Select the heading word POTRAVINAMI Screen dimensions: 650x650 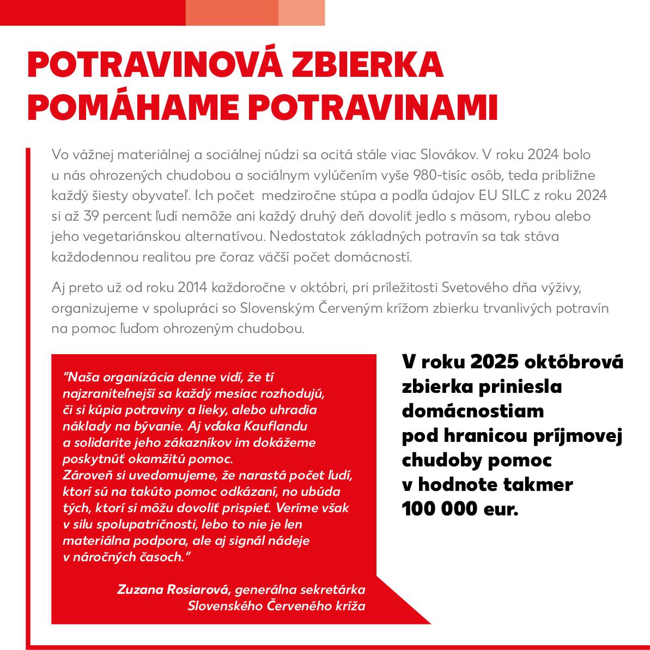click(374, 107)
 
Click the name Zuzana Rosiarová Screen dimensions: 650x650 click(174, 590)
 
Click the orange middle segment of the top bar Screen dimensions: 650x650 click(232, 13)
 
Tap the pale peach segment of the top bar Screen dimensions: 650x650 click(301, 13)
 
